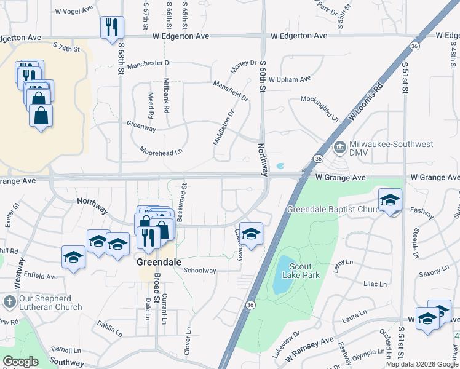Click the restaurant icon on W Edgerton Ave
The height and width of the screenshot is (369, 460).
112,27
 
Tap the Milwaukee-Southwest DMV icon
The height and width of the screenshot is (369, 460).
339,148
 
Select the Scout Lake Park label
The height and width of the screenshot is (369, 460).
306,271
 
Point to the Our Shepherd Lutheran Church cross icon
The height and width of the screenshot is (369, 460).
9,302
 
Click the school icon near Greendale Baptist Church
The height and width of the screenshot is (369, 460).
390,200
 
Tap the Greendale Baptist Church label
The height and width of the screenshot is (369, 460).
335,209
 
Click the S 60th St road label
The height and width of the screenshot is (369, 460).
263,76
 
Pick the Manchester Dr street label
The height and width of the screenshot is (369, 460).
149,63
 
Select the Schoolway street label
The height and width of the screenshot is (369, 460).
200,271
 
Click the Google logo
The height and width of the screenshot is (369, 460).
21,362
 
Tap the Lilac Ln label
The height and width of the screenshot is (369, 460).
375,284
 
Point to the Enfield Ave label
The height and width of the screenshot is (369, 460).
42,277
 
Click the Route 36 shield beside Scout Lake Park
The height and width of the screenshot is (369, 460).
250,305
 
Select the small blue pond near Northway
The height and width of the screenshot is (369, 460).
280,165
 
